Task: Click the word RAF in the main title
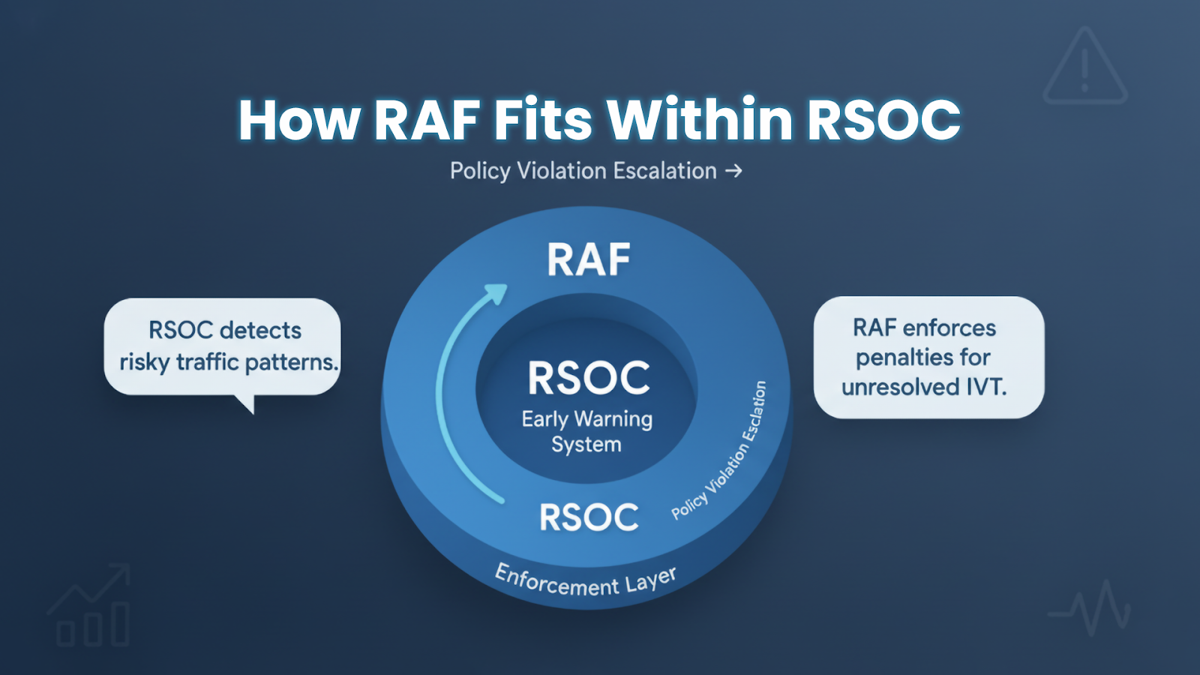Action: pos(427,120)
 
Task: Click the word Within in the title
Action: pos(699,120)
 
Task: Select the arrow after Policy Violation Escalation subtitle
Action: pos(733,171)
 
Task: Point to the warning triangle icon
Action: pos(1084,69)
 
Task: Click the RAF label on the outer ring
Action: pos(589,260)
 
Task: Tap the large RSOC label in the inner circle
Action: pos(589,377)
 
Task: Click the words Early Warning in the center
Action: pos(587,418)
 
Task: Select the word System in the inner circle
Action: pos(586,445)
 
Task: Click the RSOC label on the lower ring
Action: pos(589,517)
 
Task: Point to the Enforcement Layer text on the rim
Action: pos(586,582)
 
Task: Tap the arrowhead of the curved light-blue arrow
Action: pos(496,293)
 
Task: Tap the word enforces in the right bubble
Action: pos(949,328)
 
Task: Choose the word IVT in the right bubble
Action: pos(984,387)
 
